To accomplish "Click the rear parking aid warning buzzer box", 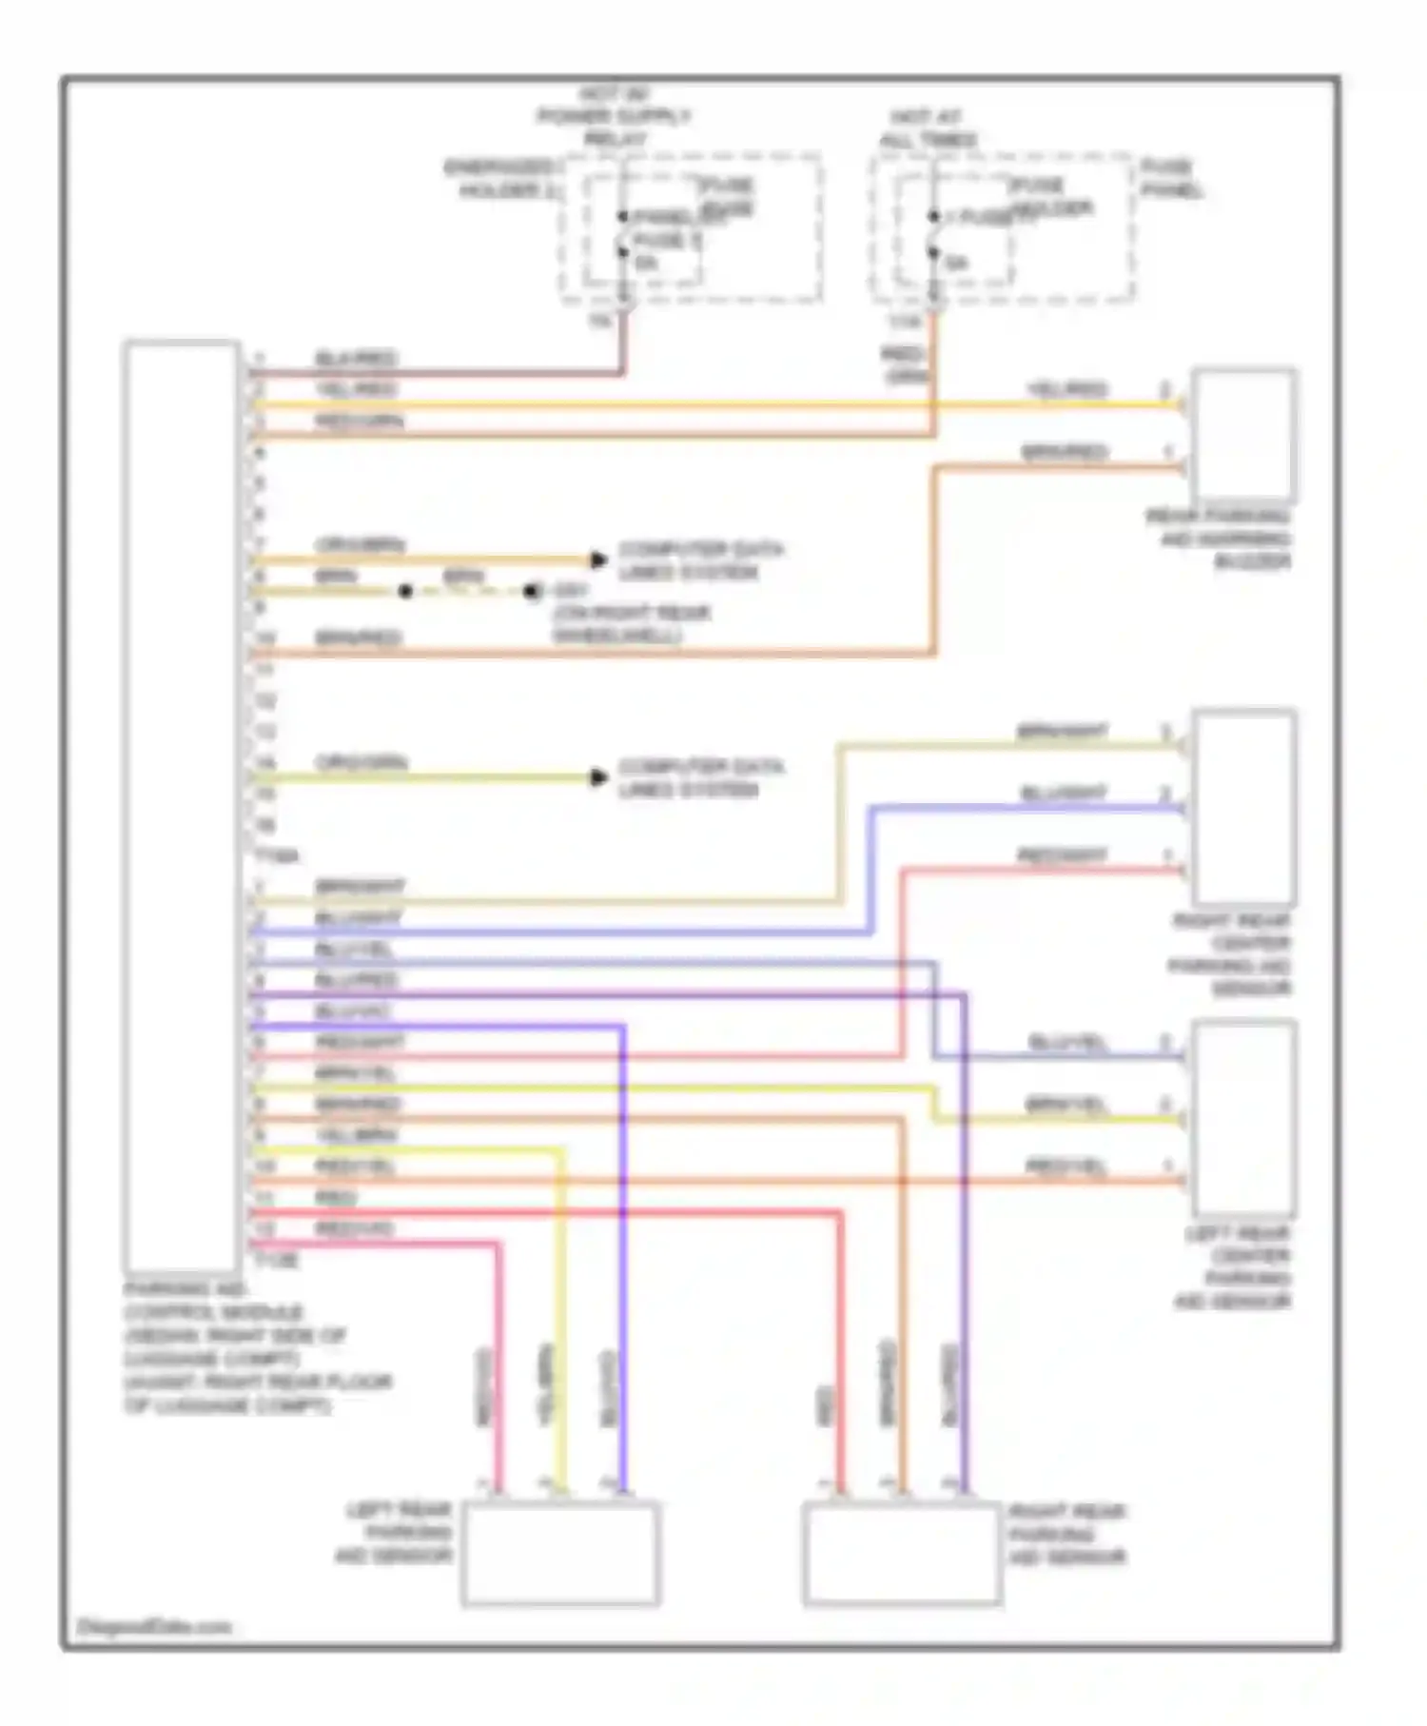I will pyautogui.click(x=1245, y=435).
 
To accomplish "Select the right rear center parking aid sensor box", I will pyautogui.click(x=1245, y=808).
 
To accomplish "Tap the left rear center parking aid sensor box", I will pyautogui.click(x=1245, y=1117).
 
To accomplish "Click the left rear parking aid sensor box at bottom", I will pyautogui.click(x=560, y=1554).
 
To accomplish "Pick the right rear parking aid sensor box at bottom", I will pyautogui.click(x=901, y=1554).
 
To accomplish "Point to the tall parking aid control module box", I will pyautogui.click(x=181, y=806).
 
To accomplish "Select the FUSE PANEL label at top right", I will pyautogui.click(x=1172, y=179).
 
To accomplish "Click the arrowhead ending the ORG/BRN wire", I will pyautogui.click(x=598, y=559).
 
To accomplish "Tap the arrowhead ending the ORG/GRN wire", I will pyautogui.click(x=598, y=777).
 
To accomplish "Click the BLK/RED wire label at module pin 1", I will pyautogui.click(x=356, y=359).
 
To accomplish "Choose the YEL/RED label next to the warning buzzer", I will pyautogui.click(x=1066, y=389).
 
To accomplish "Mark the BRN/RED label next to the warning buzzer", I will pyautogui.click(x=1065, y=451).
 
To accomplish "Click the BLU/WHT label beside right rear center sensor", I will pyautogui.click(x=1064, y=793).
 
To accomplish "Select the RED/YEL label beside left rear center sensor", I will pyautogui.click(x=1066, y=1166).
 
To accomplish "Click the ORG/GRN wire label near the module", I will pyautogui.click(x=362, y=763).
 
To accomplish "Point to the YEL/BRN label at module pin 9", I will pyautogui.click(x=356, y=1135).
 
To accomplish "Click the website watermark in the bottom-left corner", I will pyautogui.click(x=153, y=1627).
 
